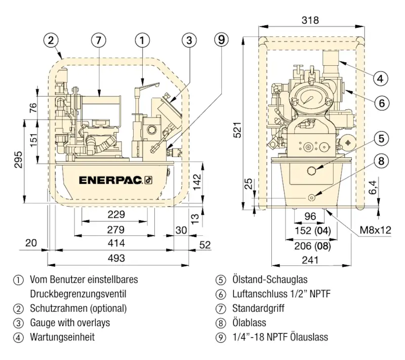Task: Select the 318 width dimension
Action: [310, 20]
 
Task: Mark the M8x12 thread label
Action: [376, 230]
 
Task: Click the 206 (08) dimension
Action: [310, 247]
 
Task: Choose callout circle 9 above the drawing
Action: [221, 39]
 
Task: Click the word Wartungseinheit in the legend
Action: [62, 337]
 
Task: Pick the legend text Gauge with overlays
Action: [70, 323]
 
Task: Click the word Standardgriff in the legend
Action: [258, 308]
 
